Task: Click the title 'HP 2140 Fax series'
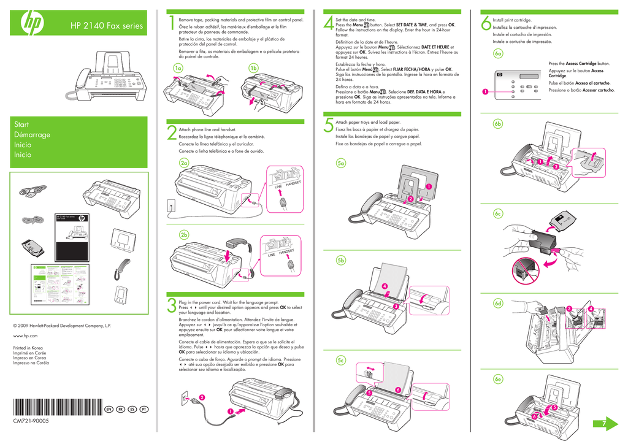tap(106, 26)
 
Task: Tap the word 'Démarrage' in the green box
tap(32, 135)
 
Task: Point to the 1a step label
tap(178, 68)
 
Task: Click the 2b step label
tap(184, 235)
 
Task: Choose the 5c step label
tap(341, 361)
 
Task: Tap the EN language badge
tap(109, 408)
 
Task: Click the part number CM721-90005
tap(31, 421)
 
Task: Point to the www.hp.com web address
tap(25, 336)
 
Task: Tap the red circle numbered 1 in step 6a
tap(484, 92)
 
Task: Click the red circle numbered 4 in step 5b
tap(385, 286)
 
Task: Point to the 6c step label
tap(498, 213)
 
